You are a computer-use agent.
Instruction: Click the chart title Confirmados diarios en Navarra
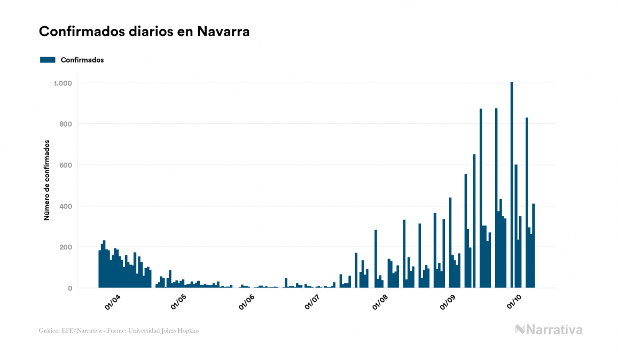pos(144,32)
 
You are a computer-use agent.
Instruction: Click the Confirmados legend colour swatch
pos(48,60)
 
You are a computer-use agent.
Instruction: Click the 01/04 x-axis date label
pos(113,302)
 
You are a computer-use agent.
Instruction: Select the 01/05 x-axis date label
pos(179,302)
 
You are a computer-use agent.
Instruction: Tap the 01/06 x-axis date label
pos(246,302)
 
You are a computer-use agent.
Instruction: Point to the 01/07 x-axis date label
pos(312,302)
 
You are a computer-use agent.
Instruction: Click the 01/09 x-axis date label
pos(448,302)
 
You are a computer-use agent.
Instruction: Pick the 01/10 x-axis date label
pos(514,302)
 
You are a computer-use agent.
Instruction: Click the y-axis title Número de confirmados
pos(46,181)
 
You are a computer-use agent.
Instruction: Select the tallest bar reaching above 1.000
pos(512,187)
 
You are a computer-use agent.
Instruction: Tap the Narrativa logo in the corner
pos(549,330)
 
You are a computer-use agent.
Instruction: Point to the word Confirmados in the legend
pos(82,60)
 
